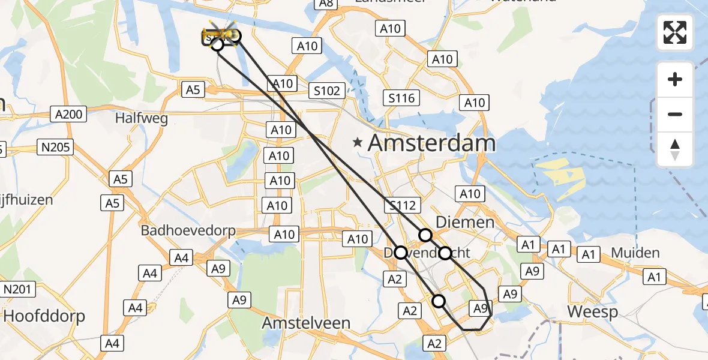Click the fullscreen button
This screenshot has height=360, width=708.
point(675,32)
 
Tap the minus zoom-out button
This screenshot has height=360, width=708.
point(675,114)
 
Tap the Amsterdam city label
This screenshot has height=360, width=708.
point(431,143)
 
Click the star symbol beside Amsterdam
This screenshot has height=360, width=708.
point(358,143)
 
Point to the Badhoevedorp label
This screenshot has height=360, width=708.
point(188,230)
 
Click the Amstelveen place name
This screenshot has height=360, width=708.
point(306,323)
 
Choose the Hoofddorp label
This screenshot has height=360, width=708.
point(44,316)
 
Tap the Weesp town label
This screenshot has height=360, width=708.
point(592,312)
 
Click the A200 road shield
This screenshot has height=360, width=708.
point(70,114)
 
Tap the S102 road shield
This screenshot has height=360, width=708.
point(327,91)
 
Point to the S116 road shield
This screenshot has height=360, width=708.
point(402,98)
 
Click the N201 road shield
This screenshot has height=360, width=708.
point(17,290)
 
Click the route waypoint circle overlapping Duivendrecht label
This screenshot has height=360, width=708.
point(400,253)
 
